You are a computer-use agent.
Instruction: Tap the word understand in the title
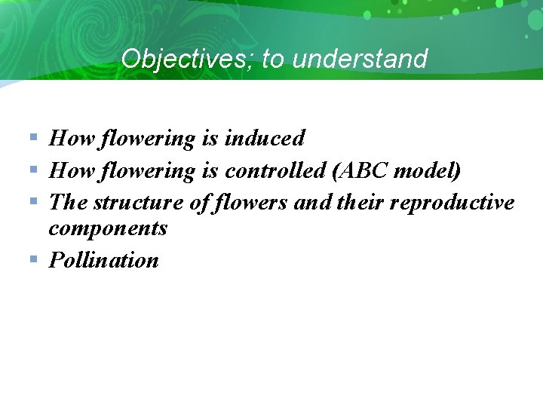coord(360,59)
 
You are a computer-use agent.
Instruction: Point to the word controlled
coord(275,171)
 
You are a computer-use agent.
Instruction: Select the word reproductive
coord(452,203)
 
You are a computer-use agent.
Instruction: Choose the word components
coord(108,228)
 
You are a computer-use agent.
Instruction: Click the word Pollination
coord(104,261)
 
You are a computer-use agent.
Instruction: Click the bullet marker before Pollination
coord(33,259)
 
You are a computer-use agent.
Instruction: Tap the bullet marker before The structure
coord(33,202)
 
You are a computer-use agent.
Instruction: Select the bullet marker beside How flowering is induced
coord(33,137)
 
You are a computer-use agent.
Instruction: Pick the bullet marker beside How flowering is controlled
coord(33,170)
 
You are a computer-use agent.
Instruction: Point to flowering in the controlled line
coord(148,171)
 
